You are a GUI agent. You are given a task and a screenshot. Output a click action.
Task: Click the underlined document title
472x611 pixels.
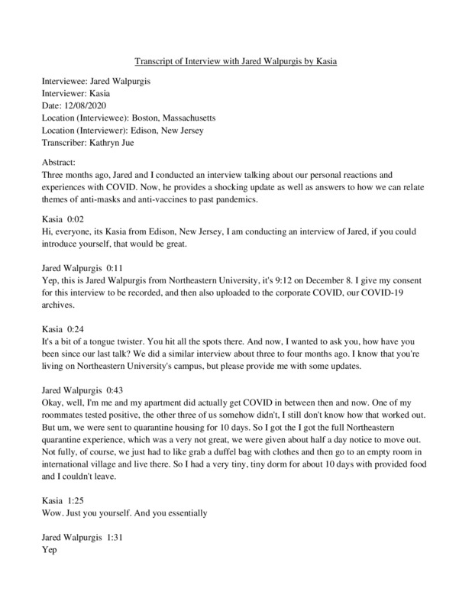click(x=235, y=61)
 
